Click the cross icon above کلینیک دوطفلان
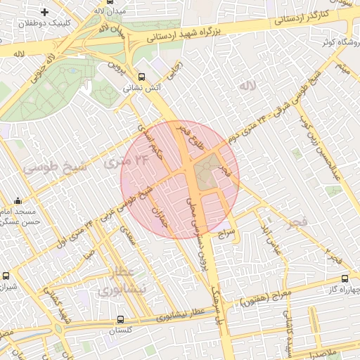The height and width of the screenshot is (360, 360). (45, 12)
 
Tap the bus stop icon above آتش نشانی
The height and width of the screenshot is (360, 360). (143, 77)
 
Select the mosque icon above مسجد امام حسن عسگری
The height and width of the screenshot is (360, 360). (18, 201)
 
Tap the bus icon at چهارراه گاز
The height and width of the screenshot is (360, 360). (344, 279)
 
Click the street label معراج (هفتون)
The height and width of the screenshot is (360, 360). (261, 301)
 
